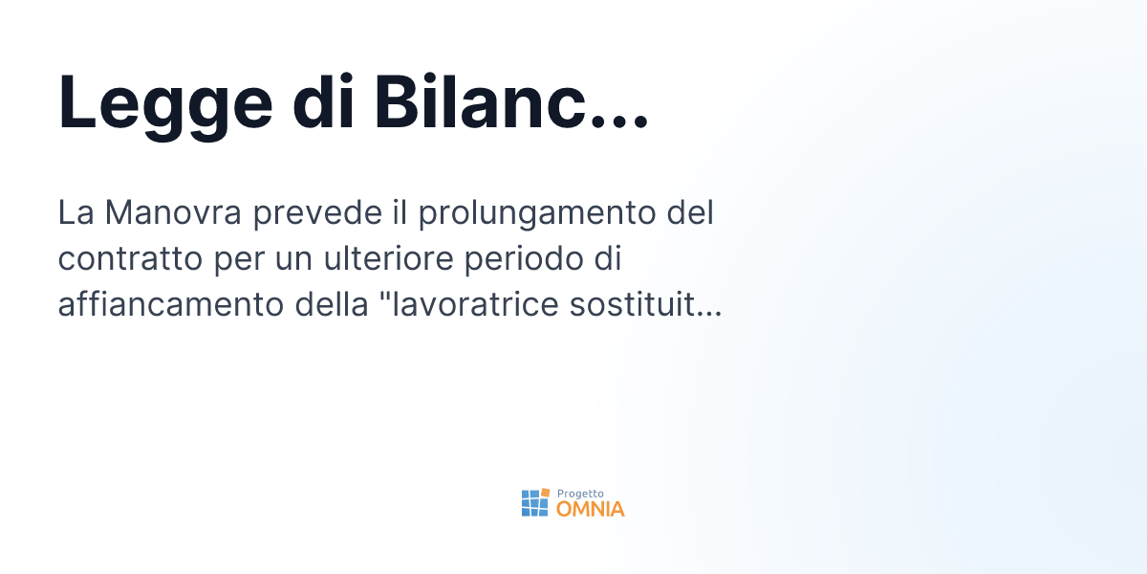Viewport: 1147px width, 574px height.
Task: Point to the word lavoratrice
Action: pos(477,305)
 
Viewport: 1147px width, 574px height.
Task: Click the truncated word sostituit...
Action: pos(650,305)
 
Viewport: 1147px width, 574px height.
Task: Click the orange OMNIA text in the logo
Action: pos(591,509)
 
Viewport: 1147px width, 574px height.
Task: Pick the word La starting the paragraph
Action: pos(75,212)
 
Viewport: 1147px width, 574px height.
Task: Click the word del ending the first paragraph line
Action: pos(690,212)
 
